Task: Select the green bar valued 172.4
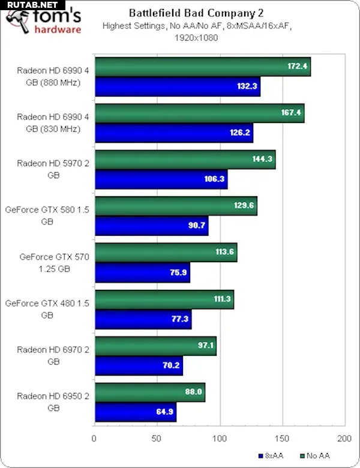pyautogui.click(x=202, y=66)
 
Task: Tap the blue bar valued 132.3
pyautogui.click(x=176, y=86)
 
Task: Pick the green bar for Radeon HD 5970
pyautogui.click(x=184, y=159)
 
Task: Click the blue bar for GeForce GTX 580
pyautogui.click(x=151, y=226)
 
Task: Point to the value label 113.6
pyautogui.click(x=224, y=252)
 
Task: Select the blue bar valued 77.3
pyautogui.click(x=142, y=319)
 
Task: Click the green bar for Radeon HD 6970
pyautogui.click(x=155, y=346)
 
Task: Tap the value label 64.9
pyautogui.click(x=163, y=412)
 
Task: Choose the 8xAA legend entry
pyautogui.click(x=272, y=455)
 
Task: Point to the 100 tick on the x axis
pyautogui.click(x=220, y=438)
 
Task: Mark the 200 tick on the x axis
pyautogui.click(x=344, y=438)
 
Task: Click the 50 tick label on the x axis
pyautogui.click(x=157, y=438)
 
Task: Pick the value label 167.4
pyautogui.click(x=292, y=112)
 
